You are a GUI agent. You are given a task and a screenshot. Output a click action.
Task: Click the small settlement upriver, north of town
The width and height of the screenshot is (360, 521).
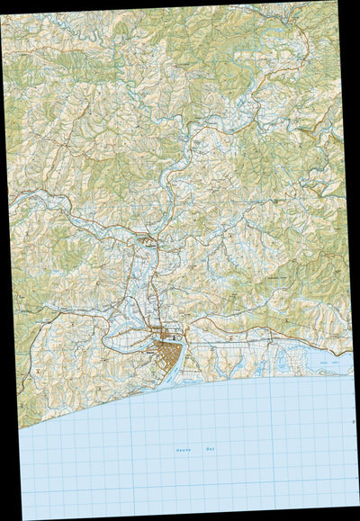[148, 241]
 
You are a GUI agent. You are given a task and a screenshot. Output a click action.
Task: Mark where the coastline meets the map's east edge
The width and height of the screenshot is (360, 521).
[352, 371]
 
